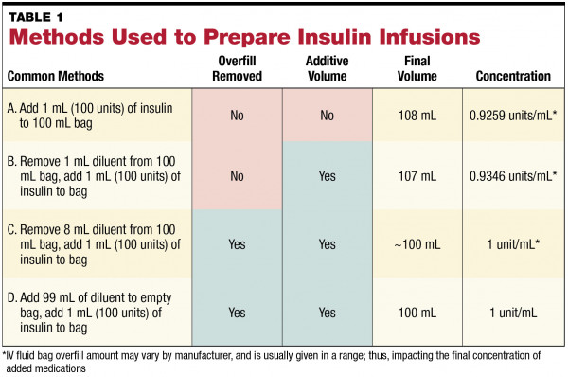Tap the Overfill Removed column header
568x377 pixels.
point(238,69)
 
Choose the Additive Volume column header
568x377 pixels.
point(327,69)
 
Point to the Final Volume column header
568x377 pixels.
point(416,69)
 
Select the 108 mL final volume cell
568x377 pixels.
point(416,116)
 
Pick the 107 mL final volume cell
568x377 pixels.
point(416,176)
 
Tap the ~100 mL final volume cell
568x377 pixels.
point(416,243)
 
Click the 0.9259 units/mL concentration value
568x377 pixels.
point(512,116)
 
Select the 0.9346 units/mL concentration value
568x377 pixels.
point(512,176)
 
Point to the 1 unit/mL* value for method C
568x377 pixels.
point(512,243)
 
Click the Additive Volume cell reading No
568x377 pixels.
point(327,116)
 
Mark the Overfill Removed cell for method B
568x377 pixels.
point(238,176)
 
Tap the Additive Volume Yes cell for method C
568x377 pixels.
point(327,243)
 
